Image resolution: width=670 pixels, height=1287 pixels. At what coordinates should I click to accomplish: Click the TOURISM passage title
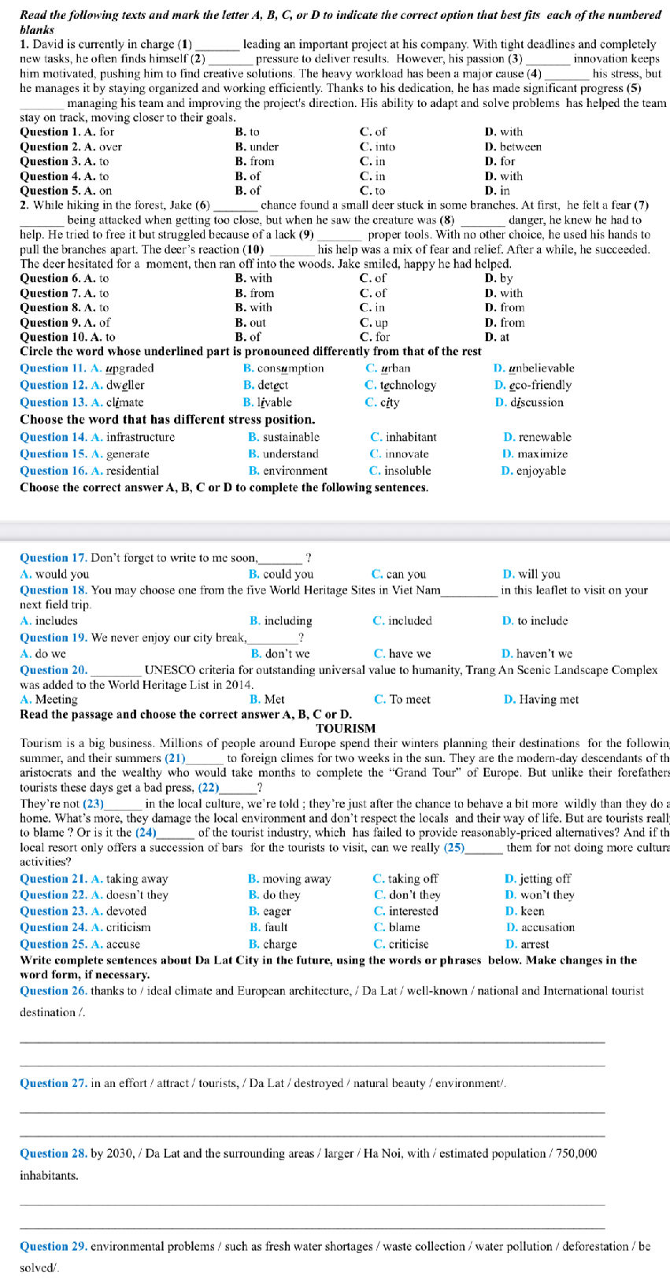(346, 728)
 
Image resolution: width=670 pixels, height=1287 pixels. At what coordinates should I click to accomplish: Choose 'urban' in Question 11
(395, 368)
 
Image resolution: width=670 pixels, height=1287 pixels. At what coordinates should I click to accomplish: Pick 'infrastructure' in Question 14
(140, 437)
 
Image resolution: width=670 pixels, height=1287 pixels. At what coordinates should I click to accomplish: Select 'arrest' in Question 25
(535, 944)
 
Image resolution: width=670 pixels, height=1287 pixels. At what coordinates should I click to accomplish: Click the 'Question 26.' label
(53, 990)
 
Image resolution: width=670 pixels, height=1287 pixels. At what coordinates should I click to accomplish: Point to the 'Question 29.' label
(53, 1246)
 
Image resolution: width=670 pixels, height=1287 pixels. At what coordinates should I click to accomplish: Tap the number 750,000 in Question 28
(576, 1153)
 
